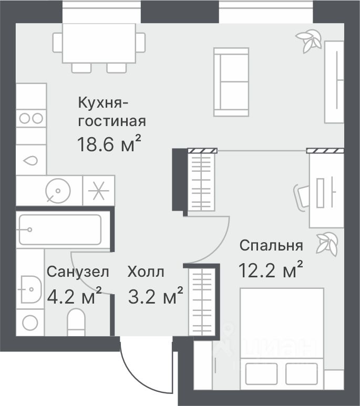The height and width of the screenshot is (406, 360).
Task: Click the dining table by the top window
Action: pyautogui.click(x=99, y=43)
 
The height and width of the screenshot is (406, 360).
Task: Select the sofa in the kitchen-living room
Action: pyautogui.click(x=231, y=82)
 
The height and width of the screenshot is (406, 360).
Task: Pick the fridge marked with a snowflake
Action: pyautogui.click(x=99, y=190)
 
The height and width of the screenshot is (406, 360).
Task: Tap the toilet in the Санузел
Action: pyautogui.click(x=77, y=321)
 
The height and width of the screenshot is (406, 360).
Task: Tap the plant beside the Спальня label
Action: pyautogui.click(x=327, y=244)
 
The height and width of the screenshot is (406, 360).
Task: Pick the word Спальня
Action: pyautogui.click(x=271, y=245)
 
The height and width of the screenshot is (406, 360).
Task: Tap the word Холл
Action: pyautogui.click(x=146, y=272)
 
